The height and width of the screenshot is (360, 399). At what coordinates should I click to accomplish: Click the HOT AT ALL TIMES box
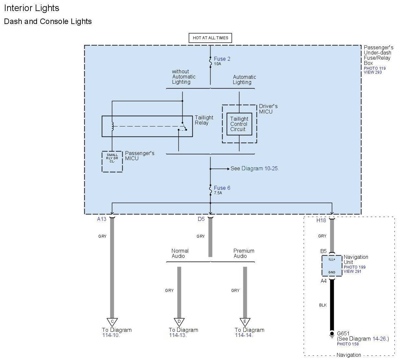point(210,38)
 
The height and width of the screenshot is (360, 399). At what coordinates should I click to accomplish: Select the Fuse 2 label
point(222,59)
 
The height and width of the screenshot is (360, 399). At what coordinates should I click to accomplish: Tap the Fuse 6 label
point(222,188)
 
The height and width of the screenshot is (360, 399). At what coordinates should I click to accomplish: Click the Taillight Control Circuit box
point(239,124)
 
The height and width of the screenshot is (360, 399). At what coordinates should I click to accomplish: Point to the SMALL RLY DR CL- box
point(112,161)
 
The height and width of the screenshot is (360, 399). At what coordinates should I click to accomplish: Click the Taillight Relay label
point(204,120)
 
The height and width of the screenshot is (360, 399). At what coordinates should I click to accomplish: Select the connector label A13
point(102,219)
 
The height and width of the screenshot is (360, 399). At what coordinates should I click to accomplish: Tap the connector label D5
point(201,219)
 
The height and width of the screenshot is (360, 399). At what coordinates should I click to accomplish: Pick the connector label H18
point(321,220)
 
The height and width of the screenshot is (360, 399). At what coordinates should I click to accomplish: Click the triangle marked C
point(112,322)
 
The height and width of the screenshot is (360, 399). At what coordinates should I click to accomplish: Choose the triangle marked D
point(179,322)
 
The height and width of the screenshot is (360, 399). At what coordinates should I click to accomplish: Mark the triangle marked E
point(245,322)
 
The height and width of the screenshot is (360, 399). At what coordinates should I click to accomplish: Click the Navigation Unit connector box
point(332,266)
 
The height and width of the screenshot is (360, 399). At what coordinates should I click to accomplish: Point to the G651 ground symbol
point(332,334)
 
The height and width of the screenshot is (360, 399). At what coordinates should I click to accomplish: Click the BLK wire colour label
point(323,305)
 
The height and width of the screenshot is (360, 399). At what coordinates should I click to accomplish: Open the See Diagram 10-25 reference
point(255,169)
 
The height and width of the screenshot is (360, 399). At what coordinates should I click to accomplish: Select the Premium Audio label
point(244,253)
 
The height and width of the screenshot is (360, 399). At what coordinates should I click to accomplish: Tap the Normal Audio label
point(180,253)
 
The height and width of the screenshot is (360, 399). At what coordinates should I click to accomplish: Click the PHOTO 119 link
point(375,68)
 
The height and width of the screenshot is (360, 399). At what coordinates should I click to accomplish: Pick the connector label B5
point(323,251)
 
